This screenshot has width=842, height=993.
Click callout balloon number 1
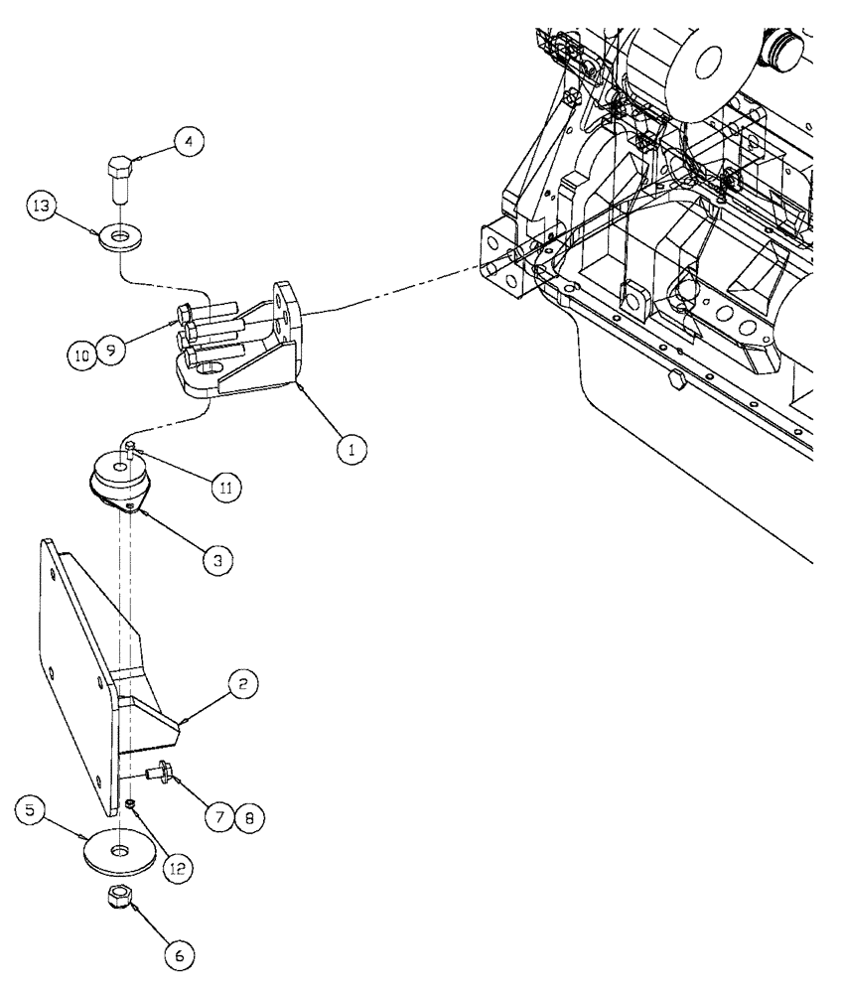[350, 449]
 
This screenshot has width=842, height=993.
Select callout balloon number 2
[245, 684]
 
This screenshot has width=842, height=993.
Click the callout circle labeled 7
[220, 818]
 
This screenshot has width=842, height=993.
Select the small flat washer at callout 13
[119, 238]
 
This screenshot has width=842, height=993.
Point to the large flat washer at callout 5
[118, 852]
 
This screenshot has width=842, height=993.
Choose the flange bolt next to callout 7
[156, 772]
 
